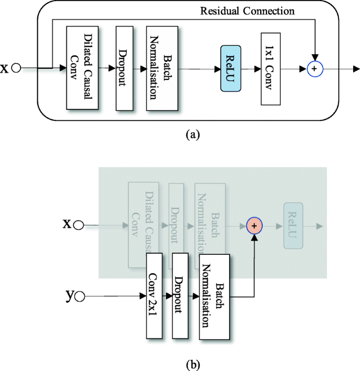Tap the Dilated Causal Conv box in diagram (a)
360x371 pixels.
click(82, 68)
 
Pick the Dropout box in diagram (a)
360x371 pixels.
click(124, 68)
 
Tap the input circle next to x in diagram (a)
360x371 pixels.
click(16, 68)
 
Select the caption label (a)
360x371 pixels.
click(193, 135)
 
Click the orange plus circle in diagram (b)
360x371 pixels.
click(254, 225)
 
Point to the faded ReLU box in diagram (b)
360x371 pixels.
click(292, 225)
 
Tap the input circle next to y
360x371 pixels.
click(79, 297)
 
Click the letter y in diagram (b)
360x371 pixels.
click(69, 296)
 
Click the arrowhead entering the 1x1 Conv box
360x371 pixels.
click(258, 69)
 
